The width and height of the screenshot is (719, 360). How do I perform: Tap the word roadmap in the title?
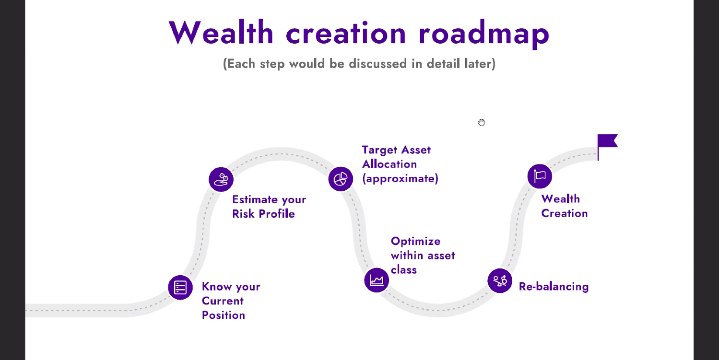click(484, 34)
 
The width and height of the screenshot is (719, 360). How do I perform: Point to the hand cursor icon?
click(481, 122)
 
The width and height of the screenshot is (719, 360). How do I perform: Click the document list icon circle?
click(180, 288)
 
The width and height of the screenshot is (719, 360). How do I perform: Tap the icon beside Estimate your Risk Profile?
click(221, 179)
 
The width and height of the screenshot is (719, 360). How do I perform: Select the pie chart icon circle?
click(341, 179)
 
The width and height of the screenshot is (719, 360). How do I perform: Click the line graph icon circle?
click(377, 280)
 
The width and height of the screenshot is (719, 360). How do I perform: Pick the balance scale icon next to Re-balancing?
click(500, 281)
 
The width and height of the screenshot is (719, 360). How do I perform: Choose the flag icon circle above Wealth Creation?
click(540, 176)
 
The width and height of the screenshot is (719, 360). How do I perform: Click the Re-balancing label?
click(554, 287)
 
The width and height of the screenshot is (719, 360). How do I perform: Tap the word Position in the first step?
click(224, 315)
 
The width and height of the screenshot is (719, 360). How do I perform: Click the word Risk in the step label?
click(243, 214)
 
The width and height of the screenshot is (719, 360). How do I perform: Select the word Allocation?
click(389, 164)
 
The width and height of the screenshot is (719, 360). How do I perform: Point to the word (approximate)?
click(400, 178)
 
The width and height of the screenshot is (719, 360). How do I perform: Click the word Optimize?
click(415, 241)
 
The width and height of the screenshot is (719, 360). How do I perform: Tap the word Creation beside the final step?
click(564, 213)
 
